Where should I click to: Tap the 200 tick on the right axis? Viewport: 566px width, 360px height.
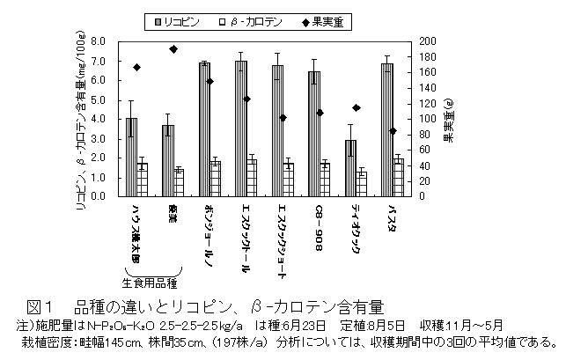tap(425, 41)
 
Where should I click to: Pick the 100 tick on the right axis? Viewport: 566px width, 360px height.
tap(425, 119)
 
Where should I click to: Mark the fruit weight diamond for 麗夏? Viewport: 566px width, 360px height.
tap(173, 49)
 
